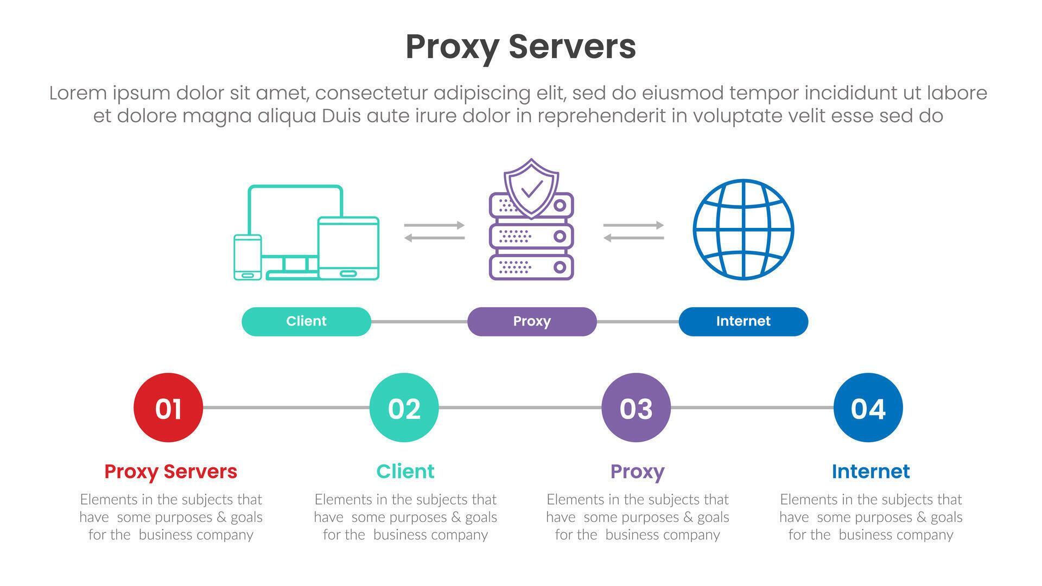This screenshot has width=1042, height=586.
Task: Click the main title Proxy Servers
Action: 520,47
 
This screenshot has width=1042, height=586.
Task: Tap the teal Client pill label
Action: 306,321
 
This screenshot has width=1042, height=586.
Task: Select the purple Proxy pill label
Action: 532,321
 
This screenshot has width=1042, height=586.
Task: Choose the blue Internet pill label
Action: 743,321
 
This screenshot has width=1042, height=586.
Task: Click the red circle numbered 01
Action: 168,407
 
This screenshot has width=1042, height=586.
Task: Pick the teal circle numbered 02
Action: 404,407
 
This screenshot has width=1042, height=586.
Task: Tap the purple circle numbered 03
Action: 636,407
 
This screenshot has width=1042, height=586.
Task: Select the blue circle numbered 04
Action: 868,407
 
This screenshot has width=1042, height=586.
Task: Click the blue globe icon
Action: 743,230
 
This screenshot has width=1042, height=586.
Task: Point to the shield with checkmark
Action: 531,188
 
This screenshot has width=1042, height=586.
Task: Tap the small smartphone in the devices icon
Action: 247,257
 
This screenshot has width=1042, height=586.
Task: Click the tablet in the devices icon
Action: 348,248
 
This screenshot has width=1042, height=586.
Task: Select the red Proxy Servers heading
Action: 170,471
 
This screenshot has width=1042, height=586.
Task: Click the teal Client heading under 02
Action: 405,471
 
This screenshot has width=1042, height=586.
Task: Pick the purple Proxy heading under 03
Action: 637,471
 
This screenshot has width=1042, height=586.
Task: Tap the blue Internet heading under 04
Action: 871,471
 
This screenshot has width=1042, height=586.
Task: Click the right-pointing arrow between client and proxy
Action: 435,225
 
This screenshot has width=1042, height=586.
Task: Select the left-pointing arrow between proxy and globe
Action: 633,238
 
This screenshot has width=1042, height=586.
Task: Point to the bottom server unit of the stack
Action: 531,267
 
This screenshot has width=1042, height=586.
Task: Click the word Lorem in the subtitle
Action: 78,93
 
